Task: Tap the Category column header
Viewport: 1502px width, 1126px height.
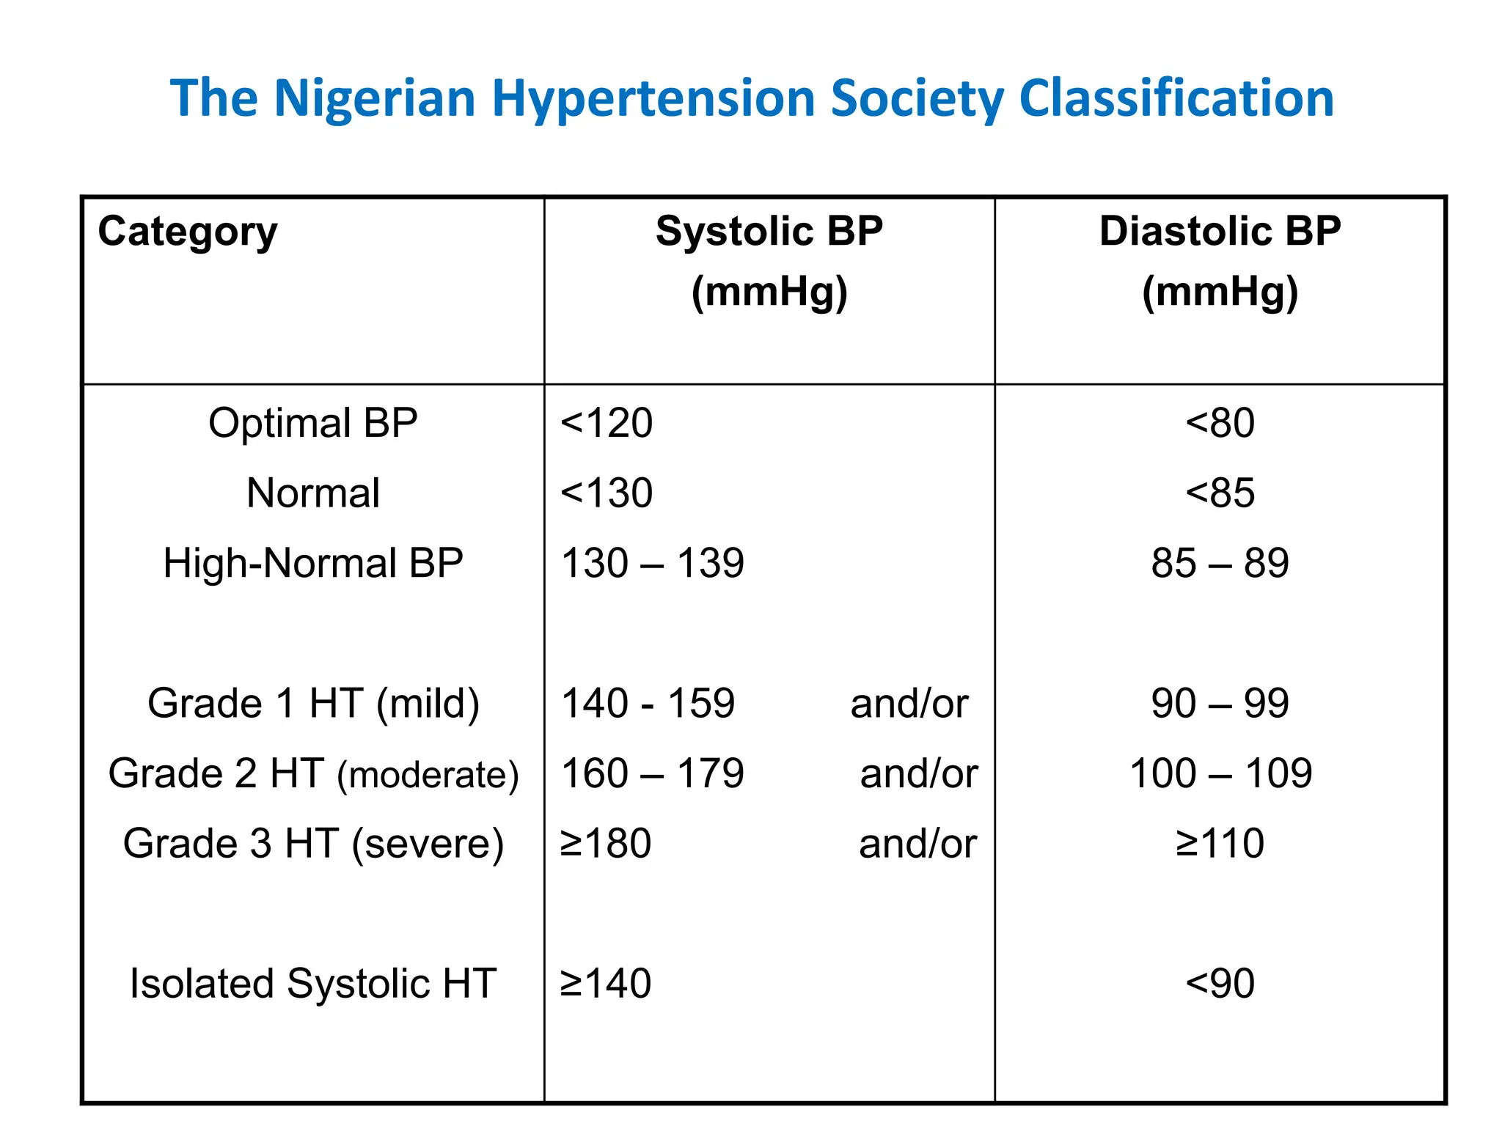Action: [188, 232]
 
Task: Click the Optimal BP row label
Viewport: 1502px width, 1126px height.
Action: [313, 423]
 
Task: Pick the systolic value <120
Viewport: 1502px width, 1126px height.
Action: [607, 423]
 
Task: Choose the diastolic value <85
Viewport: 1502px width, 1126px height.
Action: [1220, 493]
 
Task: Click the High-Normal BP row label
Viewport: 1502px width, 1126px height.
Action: [313, 563]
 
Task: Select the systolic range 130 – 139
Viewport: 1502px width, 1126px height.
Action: [653, 563]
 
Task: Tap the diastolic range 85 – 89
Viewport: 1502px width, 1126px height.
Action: [1220, 563]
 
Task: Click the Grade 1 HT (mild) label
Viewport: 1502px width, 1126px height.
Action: [313, 703]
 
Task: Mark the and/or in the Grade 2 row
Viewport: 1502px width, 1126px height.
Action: [918, 773]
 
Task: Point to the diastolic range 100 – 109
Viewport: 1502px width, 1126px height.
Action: [1220, 773]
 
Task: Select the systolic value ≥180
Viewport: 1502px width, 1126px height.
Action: [606, 843]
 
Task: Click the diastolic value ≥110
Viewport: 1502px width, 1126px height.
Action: [1220, 843]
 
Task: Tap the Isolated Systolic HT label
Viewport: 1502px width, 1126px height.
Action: [313, 983]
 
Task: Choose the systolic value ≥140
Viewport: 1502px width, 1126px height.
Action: [606, 983]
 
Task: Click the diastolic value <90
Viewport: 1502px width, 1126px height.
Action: [1220, 983]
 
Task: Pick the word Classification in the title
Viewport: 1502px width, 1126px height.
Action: [1176, 98]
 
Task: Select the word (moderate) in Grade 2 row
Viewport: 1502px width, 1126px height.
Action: [428, 775]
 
